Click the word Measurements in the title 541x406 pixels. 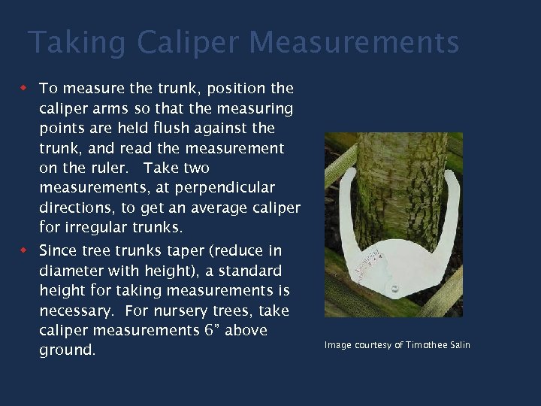coord(354,43)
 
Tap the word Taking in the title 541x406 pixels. coord(76,43)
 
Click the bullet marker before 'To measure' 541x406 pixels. coord(23,89)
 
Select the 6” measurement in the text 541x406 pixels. coord(208,330)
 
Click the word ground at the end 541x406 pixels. coord(67,350)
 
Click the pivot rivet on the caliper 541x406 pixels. coord(391,287)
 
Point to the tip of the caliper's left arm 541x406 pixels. coord(347,174)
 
